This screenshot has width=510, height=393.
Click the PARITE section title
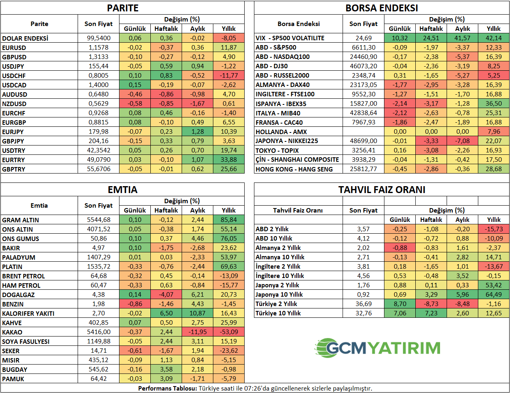click(122, 8)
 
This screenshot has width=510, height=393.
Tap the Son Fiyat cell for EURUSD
click(99, 48)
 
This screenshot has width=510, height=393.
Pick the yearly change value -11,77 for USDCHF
click(229, 76)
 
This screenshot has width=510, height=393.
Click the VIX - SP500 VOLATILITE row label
click(290, 38)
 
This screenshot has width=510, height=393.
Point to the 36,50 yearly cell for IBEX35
click(493, 104)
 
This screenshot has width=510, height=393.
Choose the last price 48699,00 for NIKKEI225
click(363, 141)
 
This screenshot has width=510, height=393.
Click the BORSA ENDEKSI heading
click(382, 8)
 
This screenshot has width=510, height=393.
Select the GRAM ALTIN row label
click(21, 220)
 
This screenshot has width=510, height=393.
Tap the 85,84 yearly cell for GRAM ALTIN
click(229, 220)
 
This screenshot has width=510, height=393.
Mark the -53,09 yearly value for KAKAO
click(229, 332)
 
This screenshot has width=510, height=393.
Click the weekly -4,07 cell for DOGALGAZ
click(166, 295)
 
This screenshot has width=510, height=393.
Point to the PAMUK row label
click(13, 379)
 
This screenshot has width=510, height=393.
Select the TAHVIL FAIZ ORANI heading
click(382, 190)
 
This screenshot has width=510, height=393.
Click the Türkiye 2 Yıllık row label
click(276, 304)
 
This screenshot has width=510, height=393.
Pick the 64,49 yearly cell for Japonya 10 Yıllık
click(493, 295)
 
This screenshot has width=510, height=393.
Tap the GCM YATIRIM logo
click(378, 347)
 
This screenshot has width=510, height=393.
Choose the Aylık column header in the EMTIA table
click(197, 211)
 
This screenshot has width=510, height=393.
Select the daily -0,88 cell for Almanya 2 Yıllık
click(400, 248)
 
